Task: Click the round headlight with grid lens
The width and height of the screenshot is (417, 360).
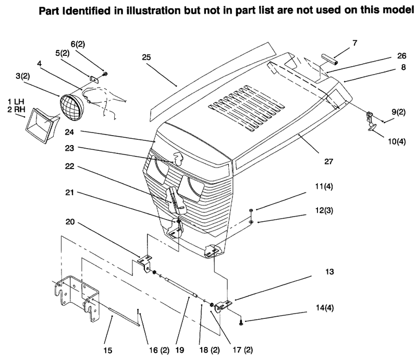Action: [72, 107]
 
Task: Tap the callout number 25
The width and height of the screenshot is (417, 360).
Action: [146, 57]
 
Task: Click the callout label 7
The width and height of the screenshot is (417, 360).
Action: [355, 43]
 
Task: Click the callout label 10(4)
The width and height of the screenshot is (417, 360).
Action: [397, 141]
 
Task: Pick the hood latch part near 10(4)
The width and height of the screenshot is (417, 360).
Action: [371, 122]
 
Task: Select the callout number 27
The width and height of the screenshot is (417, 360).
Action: [329, 161]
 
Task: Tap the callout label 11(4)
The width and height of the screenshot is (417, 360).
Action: [324, 186]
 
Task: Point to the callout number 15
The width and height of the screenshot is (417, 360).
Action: [108, 350]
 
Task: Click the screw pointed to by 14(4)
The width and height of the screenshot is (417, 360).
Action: [241, 323]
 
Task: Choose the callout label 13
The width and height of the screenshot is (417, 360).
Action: [329, 272]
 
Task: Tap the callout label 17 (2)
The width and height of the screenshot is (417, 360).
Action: [243, 350]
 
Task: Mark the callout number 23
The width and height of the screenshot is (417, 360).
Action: [69, 148]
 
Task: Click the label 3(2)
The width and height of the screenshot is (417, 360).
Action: [22, 76]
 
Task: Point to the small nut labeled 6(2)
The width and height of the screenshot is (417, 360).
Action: [105, 74]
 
